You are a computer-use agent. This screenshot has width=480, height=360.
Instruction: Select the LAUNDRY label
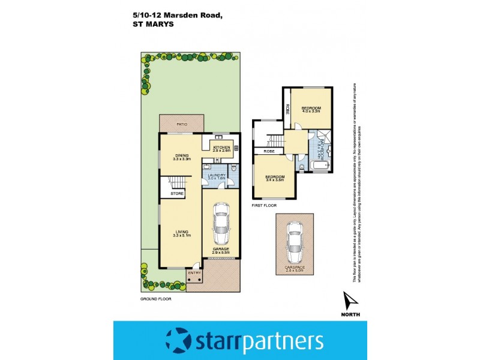(216, 176)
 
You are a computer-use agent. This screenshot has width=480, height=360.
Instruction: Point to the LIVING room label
(182, 233)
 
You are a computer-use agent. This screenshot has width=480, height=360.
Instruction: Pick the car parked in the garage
(221, 223)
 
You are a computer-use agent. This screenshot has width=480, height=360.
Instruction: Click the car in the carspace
(294, 240)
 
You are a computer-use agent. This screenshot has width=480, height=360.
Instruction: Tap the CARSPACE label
(294, 268)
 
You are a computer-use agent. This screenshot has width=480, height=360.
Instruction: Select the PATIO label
(182, 124)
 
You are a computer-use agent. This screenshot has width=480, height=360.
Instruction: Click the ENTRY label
(194, 273)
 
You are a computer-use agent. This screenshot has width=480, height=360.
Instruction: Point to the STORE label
(176, 194)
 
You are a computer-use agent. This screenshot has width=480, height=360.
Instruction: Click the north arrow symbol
(350, 299)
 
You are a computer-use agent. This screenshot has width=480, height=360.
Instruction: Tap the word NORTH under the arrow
(350, 314)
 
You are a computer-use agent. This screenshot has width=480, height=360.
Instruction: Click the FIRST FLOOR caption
(265, 205)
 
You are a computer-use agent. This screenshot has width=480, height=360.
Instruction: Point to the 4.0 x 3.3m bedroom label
(311, 110)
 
